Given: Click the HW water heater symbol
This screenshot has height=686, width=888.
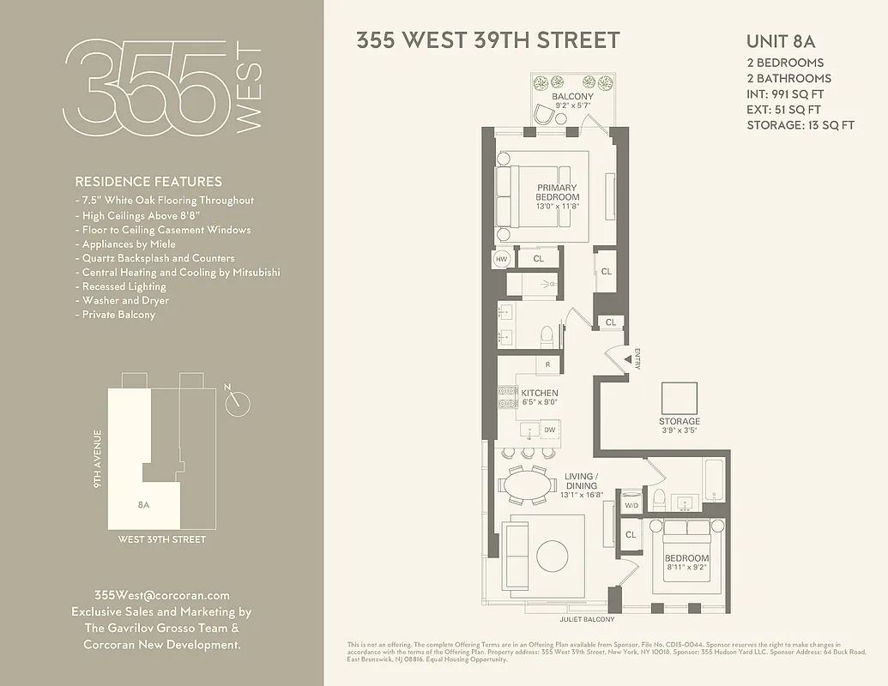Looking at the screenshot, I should click(x=502, y=259).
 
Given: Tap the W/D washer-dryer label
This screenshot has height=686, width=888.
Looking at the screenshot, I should click(x=631, y=506).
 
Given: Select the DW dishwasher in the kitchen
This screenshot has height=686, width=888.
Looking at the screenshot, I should click(x=549, y=430).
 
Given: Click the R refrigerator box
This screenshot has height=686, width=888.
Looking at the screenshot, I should click(x=547, y=364).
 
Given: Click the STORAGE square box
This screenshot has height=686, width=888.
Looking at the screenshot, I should click(x=680, y=398).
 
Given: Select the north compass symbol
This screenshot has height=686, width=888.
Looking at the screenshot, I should click(x=239, y=402).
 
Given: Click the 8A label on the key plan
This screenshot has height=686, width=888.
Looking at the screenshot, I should click(x=143, y=504).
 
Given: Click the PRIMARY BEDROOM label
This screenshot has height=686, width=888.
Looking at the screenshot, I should click(x=558, y=192).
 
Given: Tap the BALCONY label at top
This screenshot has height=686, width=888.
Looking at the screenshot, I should click(x=572, y=97).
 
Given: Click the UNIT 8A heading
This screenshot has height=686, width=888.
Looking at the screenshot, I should click(x=780, y=41).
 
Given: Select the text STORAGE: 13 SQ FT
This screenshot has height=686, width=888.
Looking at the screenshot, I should click(x=800, y=125).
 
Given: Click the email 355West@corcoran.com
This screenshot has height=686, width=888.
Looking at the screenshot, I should click(x=161, y=595).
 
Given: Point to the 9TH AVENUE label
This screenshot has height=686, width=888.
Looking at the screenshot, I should click(x=97, y=459).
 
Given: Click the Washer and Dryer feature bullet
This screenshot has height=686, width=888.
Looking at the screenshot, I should click(x=125, y=301).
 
